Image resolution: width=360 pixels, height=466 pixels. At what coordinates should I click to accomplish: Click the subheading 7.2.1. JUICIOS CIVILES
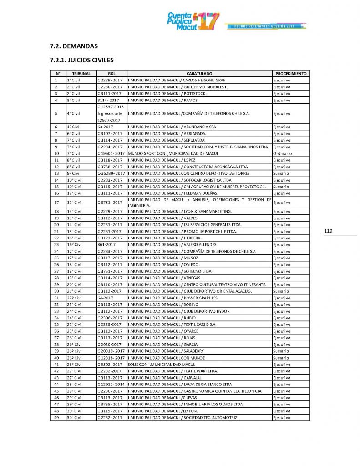[x=82, y=60]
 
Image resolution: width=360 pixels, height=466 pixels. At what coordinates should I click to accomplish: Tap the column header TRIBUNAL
[x=81, y=73]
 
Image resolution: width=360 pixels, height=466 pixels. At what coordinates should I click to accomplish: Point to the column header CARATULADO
[x=199, y=73]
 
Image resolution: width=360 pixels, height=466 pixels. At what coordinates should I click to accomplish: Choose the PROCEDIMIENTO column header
[x=291, y=73]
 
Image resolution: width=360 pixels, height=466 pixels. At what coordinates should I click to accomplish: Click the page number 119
[x=328, y=231]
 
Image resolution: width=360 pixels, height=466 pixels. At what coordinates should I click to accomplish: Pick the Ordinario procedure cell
[x=282, y=153]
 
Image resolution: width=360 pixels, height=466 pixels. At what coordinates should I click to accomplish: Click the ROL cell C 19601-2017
[x=111, y=153]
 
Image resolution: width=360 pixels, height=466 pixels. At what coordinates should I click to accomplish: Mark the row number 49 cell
[x=56, y=417]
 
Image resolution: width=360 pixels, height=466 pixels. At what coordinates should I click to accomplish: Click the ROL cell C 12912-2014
[x=111, y=384]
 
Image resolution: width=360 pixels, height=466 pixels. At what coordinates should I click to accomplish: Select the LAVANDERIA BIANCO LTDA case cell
[x=180, y=384]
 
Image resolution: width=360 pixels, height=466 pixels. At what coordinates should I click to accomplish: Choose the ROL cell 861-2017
[x=106, y=244]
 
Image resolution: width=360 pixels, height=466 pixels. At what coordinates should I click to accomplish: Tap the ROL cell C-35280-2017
[x=111, y=173]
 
